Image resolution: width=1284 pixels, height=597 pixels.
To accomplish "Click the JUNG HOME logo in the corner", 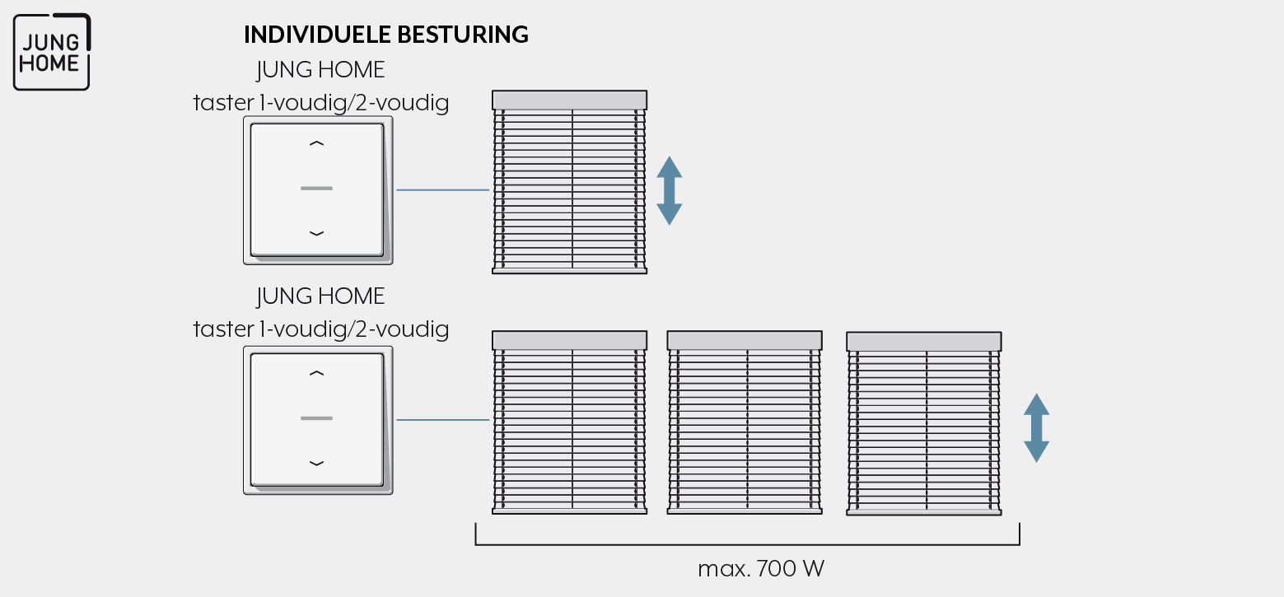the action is (52, 52).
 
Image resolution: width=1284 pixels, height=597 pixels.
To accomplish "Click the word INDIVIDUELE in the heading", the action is (317, 35).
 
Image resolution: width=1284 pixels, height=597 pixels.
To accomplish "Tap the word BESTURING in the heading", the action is (463, 35).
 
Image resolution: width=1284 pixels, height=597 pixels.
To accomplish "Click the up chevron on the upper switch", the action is (316, 143).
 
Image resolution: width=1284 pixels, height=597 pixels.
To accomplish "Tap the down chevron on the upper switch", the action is (316, 233).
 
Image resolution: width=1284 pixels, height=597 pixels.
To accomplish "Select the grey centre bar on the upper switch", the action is (316, 188).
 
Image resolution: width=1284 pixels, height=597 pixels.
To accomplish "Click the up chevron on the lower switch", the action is (316, 374).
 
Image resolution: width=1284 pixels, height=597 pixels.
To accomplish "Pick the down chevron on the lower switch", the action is (316, 463).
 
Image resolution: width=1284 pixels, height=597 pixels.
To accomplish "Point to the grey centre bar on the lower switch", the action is (316, 418).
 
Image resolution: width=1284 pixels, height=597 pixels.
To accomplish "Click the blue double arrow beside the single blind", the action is (669, 190).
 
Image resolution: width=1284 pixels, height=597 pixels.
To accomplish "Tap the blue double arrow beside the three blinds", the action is (1036, 428).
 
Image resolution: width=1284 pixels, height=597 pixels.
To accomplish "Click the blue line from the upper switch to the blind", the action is (442, 189).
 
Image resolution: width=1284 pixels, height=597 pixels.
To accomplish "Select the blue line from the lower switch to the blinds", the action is (442, 420).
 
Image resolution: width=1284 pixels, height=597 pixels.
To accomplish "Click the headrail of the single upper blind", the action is (569, 100).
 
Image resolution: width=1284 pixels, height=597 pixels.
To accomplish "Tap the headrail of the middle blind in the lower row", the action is (745, 340).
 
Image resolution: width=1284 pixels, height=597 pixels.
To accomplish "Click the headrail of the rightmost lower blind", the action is (924, 342).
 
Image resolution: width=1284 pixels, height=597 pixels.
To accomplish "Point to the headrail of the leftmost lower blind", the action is (569, 340).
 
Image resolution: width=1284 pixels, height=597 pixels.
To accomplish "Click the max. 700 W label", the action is (761, 568).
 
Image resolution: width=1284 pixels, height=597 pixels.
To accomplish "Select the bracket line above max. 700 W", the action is (748, 544).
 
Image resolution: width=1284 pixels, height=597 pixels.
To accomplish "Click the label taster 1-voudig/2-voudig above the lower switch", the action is (321, 329).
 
